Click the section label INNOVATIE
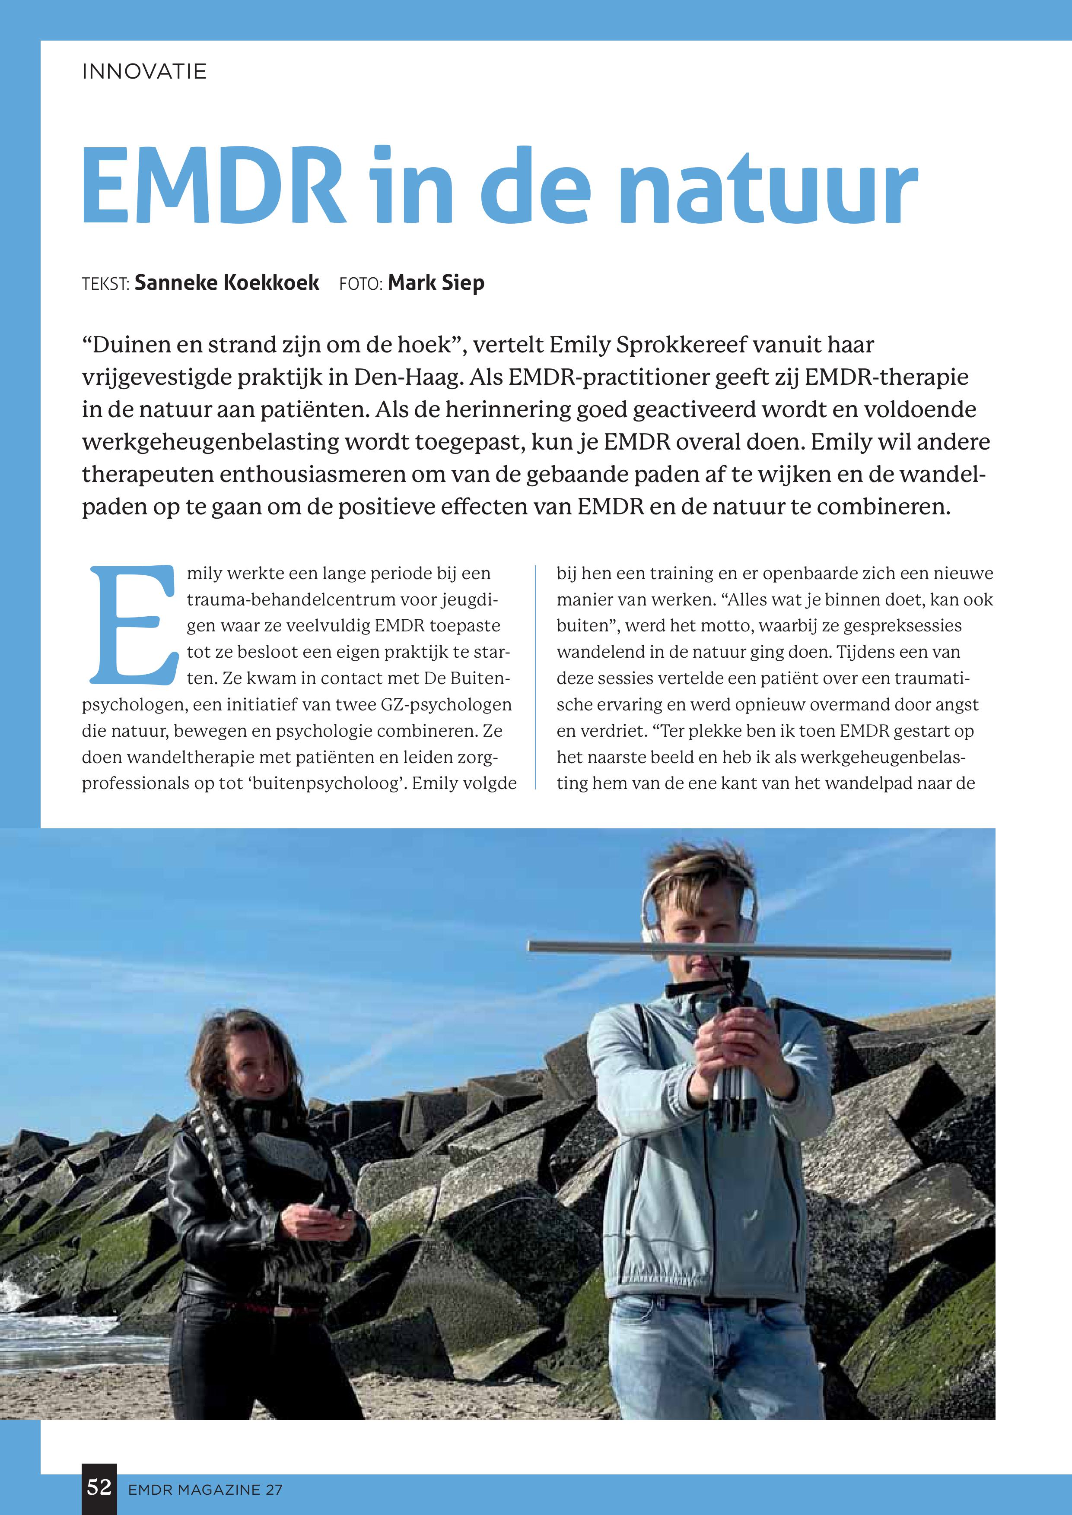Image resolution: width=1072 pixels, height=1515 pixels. point(144,71)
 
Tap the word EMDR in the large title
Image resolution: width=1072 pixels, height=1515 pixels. point(213,187)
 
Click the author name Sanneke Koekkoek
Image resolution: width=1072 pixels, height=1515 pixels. point(226,283)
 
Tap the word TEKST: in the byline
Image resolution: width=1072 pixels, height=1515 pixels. point(105,285)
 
